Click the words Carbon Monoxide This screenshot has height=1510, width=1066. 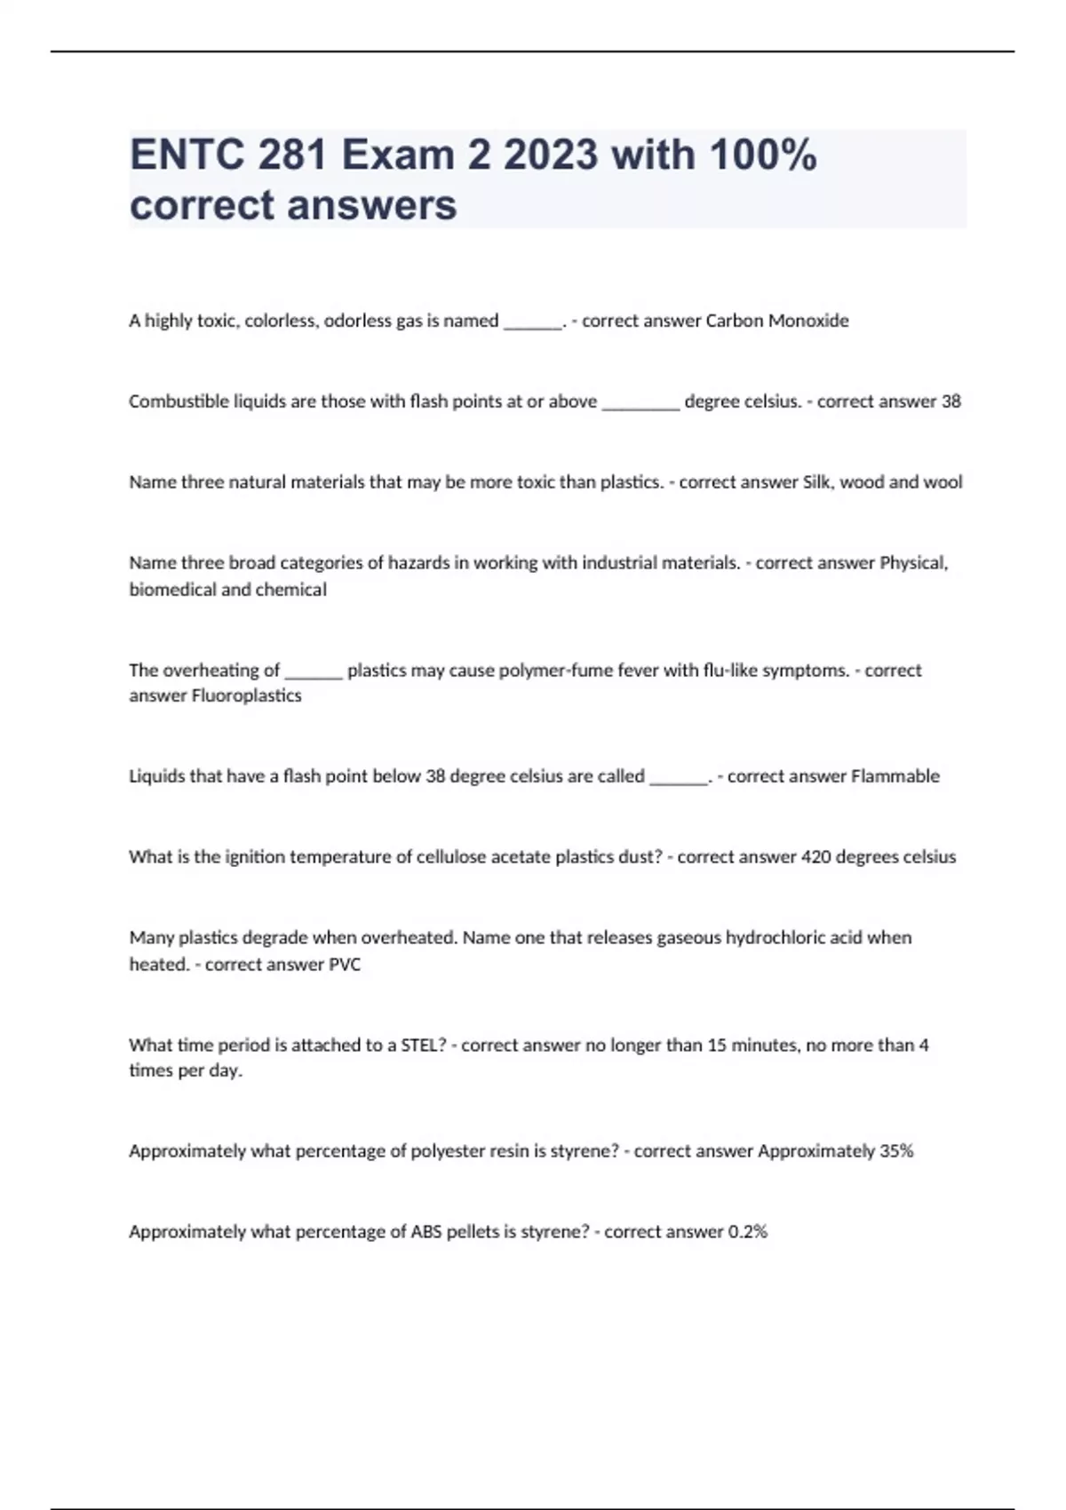point(776,321)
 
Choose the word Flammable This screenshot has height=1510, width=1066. point(895,776)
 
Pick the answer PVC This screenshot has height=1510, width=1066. point(345,965)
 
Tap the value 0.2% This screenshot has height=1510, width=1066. point(747,1232)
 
